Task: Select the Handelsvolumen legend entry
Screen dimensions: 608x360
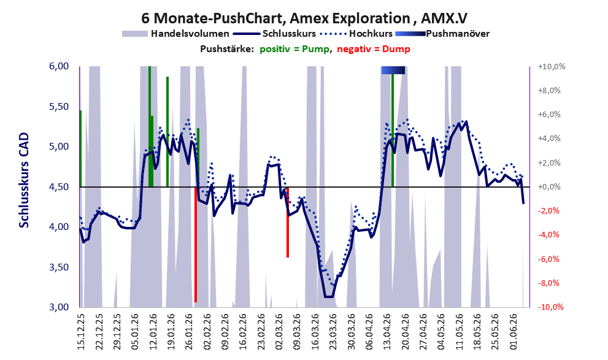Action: [175, 34]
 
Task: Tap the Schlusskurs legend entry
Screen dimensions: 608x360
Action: [274, 34]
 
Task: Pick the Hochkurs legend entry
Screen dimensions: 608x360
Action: [356, 34]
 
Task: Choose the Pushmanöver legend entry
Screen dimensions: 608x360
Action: [442, 34]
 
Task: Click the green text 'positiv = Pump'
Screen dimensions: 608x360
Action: [295, 49]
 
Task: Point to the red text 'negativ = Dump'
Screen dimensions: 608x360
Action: [374, 49]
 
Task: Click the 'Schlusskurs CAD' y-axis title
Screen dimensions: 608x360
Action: [24, 180]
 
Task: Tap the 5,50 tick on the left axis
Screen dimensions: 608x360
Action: [59, 107]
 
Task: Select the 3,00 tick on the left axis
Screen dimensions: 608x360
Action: [59, 307]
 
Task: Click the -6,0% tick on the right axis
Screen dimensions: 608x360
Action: [548, 259]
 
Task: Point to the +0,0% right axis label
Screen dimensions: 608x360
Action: [548, 187]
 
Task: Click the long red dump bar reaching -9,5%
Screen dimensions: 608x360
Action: [196, 245]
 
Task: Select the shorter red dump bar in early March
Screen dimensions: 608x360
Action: [288, 222]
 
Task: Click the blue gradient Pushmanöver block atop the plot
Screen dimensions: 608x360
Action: [393, 70]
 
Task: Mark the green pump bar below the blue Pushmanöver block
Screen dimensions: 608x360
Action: [393, 131]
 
